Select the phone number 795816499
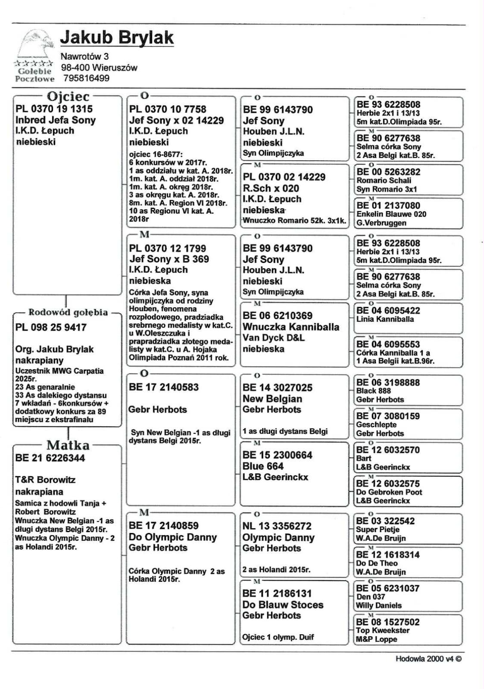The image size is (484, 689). [86, 78]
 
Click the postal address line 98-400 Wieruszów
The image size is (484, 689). [99, 67]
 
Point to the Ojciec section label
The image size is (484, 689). [68, 97]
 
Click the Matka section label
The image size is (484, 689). [68, 445]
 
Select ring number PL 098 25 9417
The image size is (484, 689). [51, 327]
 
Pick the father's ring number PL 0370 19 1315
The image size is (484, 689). [54, 109]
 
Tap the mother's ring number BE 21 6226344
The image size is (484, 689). [50, 458]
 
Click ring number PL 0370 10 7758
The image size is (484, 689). [168, 109]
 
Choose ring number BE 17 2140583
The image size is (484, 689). [164, 387]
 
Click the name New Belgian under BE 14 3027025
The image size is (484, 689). [272, 399]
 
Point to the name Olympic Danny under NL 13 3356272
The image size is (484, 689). [278, 537]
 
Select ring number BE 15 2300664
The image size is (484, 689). [277, 455]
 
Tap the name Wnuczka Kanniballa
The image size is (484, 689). [291, 327]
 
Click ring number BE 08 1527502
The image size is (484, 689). [388, 622]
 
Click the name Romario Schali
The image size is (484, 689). [384, 181]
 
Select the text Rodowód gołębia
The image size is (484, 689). [68, 312]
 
